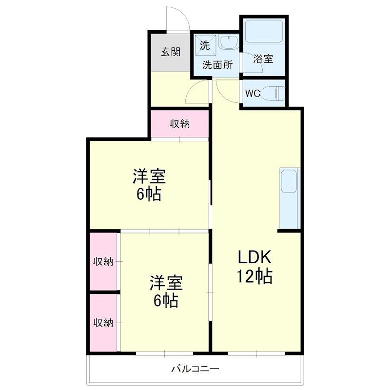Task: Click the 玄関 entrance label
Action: point(170,52)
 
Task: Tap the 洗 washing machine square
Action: point(205,45)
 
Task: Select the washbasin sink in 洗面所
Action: point(229,41)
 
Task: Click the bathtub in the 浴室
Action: point(264,31)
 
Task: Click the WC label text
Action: point(253,93)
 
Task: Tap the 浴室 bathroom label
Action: point(263,58)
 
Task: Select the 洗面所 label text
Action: point(217,65)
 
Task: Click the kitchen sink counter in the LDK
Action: point(290,198)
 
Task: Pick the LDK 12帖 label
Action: point(254,267)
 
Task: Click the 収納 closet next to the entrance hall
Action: point(179,124)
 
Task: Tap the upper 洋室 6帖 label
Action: point(149,185)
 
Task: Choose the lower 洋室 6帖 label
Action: point(166,291)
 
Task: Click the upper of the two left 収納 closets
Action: point(103,261)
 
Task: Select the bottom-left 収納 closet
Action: point(103,323)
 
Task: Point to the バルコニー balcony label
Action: point(195,369)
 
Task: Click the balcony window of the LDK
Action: point(256,353)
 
